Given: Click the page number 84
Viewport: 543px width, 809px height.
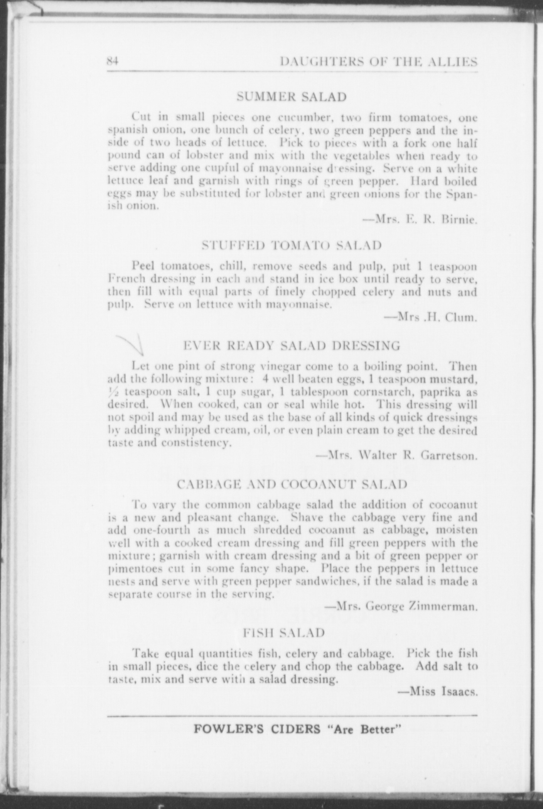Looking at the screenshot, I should pyautogui.click(x=114, y=61).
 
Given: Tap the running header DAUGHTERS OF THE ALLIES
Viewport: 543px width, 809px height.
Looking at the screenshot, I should pyautogui.click(x=379, y=62).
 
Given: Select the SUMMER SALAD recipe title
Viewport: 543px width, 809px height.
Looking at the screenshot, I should pyautogui.click(x=291, y=96).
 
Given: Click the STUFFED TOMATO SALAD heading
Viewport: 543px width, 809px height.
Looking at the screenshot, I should pyautogui.click(x=292, y=245).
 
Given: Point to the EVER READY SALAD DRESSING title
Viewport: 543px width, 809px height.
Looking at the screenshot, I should pyautogui.click(x=292, y=345).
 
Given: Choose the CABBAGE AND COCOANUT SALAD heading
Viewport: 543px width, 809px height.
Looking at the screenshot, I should pyautogui.click(x=292, y=484).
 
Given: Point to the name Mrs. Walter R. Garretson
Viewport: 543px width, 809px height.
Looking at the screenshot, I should pyautogui.click(x=397, y=456).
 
